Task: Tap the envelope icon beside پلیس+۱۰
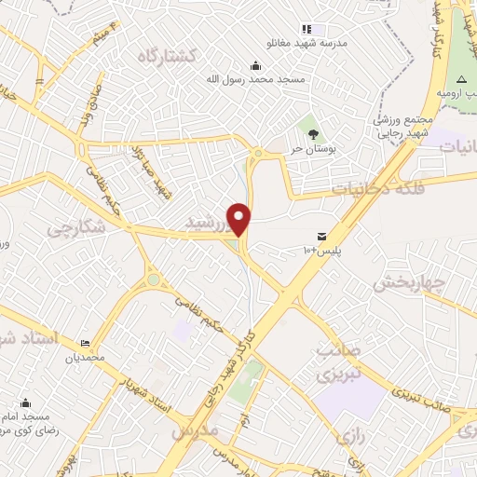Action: click(321, 235)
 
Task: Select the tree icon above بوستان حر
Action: click(313, 134)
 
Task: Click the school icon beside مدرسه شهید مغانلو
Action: click(307, 29)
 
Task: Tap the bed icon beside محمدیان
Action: click(86, 343)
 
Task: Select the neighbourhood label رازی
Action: click(353, 435)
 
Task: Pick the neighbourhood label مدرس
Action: click(195, 431)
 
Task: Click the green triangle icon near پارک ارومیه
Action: click(459, 78)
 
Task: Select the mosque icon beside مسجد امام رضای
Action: click(25, 403)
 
